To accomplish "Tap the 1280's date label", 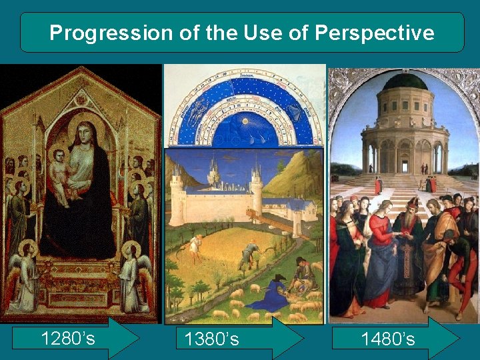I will click(68, 339).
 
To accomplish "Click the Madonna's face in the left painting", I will click(85, 135).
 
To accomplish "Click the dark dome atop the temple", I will click(405, 81).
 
